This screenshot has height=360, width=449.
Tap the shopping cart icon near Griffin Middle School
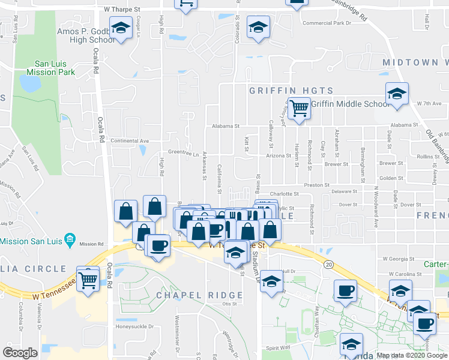[x=298, y=109]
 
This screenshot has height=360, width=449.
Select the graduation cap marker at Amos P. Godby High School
[x=121, y=28]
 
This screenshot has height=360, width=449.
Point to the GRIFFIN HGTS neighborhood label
[x=291, y=90]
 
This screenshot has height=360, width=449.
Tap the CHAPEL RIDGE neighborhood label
[x=199, y=295]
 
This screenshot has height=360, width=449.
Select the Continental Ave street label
[x=130, y=141]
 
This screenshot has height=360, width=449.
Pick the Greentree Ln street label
[x=183, y=152]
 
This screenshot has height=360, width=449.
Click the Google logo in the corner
[x=20, y=353]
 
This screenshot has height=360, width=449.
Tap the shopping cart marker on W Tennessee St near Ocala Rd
[x=88, y=278]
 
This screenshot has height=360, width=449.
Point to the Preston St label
[x=317, y=185]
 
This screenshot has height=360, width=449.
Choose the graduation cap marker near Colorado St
[x=259, y=28]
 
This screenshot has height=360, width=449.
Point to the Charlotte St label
[x=284, y=194]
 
